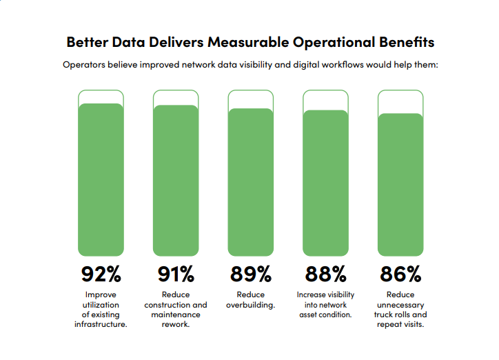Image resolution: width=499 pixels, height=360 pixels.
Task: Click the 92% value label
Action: click(101, 274)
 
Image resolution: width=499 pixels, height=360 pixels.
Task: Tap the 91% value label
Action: click(176, 274)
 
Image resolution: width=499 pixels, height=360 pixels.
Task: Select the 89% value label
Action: click(251, 274)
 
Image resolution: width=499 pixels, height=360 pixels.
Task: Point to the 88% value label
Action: click(325, 274)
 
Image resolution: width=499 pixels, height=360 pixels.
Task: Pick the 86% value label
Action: click(400, 274)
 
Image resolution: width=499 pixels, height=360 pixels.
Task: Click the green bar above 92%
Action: click(101, 180)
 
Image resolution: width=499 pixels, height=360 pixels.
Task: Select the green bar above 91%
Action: click(176, 181)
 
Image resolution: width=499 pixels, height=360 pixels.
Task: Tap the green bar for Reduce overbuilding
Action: click(251, 182)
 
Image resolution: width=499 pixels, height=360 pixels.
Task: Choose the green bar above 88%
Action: click(325, 183)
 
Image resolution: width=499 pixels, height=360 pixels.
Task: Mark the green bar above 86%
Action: click(400, 185)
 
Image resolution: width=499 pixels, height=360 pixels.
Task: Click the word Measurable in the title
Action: click(248, 42)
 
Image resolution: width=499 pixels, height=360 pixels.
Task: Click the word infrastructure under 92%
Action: click(101, 324)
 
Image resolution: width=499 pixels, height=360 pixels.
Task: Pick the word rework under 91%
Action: click(176, 324)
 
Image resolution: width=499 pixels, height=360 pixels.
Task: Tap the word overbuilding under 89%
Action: click(250, 305)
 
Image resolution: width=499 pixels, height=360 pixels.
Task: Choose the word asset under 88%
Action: click(307, 314)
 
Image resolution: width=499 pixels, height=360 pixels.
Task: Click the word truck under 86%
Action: click(383, 314)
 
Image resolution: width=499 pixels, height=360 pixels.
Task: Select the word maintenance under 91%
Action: click(176, 314)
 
